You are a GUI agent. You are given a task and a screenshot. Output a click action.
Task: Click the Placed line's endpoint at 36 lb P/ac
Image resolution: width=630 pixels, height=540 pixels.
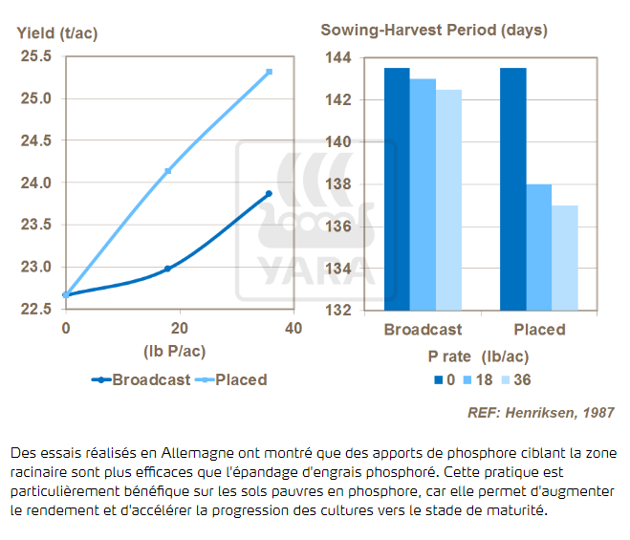270,72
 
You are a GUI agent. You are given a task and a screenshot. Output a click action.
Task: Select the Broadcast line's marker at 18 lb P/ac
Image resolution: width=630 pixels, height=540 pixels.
167,269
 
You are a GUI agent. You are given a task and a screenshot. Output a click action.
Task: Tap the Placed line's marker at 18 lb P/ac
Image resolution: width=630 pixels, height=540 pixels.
168,171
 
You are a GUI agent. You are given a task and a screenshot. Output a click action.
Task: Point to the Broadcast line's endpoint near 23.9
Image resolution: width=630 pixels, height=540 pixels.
269,194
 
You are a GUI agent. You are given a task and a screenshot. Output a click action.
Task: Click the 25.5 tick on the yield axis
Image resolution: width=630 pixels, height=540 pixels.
35,56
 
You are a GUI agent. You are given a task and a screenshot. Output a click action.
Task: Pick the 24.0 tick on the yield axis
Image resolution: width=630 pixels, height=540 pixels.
35,183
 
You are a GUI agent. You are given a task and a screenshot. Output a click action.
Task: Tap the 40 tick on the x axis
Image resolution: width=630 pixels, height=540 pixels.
293,328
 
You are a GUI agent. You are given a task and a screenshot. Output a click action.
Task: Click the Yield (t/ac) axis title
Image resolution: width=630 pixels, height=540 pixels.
57,33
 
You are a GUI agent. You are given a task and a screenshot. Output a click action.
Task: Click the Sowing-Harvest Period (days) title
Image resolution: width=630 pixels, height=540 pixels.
434,30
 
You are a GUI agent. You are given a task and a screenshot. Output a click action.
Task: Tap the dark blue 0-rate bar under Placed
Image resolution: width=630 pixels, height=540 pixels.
512,189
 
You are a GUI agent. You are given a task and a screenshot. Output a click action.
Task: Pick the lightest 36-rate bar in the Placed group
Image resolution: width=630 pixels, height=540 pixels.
565,258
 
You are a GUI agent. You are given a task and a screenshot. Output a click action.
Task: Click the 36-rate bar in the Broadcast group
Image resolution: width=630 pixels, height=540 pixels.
448,200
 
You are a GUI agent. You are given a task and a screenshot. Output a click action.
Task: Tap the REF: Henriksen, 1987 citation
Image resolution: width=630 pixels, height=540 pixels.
540,413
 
